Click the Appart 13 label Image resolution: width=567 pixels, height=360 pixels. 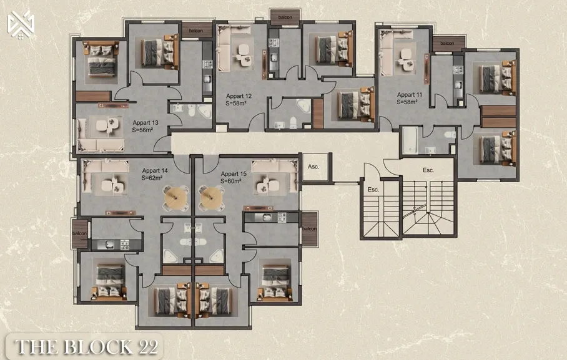click(x=145, y=123)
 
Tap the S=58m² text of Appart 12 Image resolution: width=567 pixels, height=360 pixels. click(x=236, y=104)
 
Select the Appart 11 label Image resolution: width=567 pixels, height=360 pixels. click(x=410, y=95)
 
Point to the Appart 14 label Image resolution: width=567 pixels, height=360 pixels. click(x=155, y=170)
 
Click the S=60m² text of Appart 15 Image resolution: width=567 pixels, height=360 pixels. click(x=232, y=181)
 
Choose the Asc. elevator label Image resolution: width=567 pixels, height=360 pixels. click(x=313, y=167)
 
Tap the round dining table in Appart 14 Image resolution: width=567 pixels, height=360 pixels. click(x=175, y=198)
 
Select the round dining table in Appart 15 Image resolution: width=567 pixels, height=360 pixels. click(x=211, y=198)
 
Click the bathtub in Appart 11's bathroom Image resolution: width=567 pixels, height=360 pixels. click(x=410, y=140)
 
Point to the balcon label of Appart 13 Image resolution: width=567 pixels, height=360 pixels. click(x=196, y=31)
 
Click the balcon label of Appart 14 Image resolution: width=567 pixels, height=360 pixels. click(x=79, y=233)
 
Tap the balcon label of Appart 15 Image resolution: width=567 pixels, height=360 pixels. click(x=310, y=229)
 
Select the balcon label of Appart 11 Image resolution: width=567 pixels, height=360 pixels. click(x=447, y=44)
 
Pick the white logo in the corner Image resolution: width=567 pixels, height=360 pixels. click(x=21, y=24)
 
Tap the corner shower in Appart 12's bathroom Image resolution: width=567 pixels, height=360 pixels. click(x=303, y=106)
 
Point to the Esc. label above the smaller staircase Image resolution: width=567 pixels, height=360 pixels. click(x=373, y=190)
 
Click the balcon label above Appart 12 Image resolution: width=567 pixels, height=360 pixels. click(x=285, y=17)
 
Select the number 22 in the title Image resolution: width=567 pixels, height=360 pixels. click(x=147, y=347)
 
